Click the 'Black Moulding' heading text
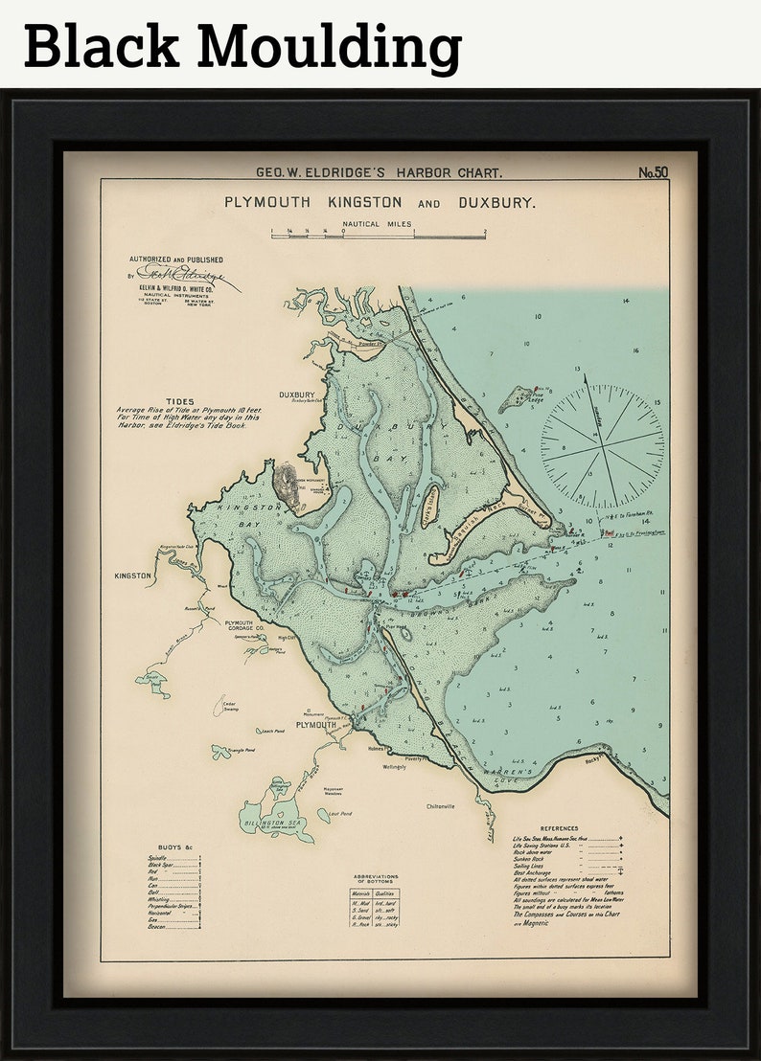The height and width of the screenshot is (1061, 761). [242, 45]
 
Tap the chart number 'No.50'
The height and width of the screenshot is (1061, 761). [653, 173]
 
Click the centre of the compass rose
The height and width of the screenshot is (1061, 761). [602, 446]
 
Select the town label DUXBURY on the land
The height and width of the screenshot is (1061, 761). [297, 395]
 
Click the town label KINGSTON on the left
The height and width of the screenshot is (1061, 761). [133, 576]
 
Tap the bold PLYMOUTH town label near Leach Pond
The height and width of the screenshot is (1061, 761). [315, 725]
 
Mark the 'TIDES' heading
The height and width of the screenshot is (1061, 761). [179, 402]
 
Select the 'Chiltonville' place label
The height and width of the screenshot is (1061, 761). [447, 806]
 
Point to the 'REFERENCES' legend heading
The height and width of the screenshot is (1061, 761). [560, 828]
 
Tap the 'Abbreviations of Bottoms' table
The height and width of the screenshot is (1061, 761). [375, 905]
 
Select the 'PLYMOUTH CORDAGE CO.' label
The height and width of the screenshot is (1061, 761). [252, 625]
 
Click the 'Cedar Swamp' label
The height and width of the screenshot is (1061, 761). [229, 708]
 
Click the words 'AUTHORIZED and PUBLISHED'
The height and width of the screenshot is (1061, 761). [176, 260]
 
